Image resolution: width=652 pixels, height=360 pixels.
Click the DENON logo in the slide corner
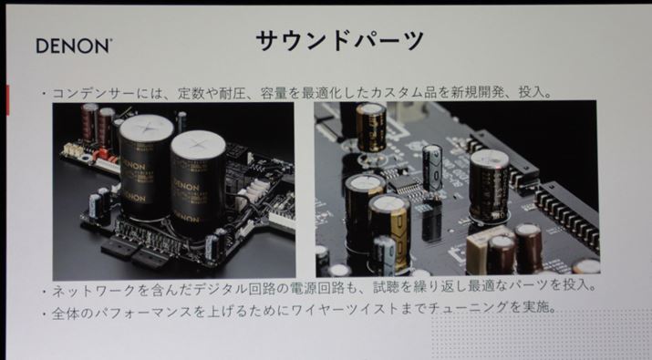click(x=74, y=46)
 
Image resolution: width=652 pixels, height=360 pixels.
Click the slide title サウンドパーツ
click(x=340, y=40)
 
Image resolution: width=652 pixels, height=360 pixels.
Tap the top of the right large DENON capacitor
click(x=198, y=144)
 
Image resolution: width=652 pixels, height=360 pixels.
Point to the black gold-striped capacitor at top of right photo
click(x=370, y=128)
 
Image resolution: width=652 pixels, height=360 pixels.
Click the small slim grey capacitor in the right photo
click(x=432, y=168)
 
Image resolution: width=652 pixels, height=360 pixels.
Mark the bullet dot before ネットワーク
click(x=44, y=292)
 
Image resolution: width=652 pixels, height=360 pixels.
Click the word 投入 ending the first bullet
click(x=532, y=92)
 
